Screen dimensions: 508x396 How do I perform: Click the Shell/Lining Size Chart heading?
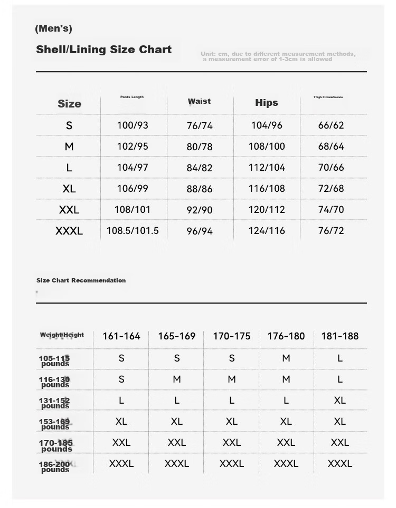click(x=103, y=50)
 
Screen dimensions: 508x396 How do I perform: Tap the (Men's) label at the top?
click(x=53, y=28)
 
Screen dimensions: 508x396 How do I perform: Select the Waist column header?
click(x=199, y=101)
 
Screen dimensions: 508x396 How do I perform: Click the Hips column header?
click(x=266, y=103)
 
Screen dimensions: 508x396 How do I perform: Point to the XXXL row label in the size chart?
click(x=69, y=231)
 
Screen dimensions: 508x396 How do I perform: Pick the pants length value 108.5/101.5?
click(x=133, y=231)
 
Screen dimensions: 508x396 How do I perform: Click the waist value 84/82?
click(x=199, y=168)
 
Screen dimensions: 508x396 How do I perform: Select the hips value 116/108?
click(x=267, y=189)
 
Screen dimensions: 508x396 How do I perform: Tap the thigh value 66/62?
click(x=331, y=125)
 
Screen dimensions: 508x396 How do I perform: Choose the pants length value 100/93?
click(x=133, y=125)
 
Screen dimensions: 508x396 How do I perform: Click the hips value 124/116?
click(x=267, y=231)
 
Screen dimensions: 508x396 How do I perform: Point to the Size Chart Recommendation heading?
click(x=81, y=280)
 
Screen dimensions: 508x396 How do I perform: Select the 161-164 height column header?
click(x=121, y=336)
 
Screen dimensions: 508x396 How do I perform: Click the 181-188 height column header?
click(x=340, y=336)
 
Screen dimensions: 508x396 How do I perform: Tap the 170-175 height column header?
click(x=231, y=336)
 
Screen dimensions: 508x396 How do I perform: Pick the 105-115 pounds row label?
click(x=54, y=361)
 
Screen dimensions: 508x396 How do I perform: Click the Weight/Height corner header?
click(x=62, y=335)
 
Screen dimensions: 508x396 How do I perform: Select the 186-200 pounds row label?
click(x=54, y=467)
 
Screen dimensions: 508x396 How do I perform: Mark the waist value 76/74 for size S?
click(x=199, y=125)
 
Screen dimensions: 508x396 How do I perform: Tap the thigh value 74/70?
click(x=331, y=210)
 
